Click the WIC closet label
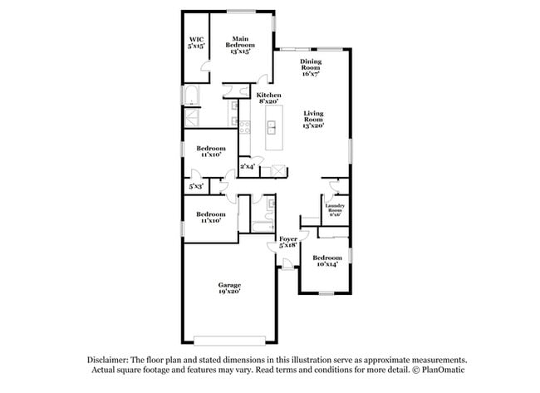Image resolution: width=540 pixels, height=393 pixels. coord(196,42)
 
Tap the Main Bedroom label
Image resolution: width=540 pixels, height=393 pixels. coord(240,43)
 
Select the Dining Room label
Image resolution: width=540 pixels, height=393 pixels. coord(312,67)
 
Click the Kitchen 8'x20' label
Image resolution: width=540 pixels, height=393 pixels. coord(268,99)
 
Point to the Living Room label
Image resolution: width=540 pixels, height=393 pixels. coord(312,119)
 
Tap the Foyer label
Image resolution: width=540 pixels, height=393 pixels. coord(287,242)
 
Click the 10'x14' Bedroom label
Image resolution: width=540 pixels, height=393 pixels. coord(326,262)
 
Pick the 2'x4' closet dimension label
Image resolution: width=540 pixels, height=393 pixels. coord(248,167)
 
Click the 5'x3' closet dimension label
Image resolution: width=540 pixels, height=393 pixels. coord(196,187)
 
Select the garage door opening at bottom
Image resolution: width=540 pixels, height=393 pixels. coord(230,339)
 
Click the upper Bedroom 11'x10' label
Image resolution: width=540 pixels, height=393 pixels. coord(210,152)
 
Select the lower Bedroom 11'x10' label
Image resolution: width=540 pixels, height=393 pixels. coord(210,217)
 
